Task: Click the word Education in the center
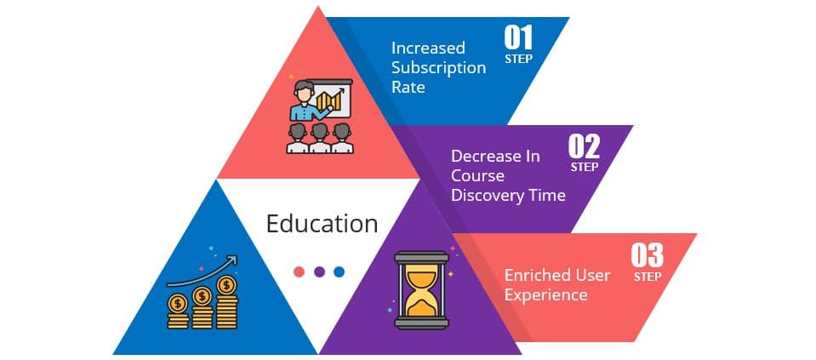click(x=322, y=224)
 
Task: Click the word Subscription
click(x=438, y=67)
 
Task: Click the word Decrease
click(x=486, y=157)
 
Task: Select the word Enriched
click(x=534, y=275)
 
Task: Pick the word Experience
click(x=545, y=294)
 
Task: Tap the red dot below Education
click(x=299, y=271)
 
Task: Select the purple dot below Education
click(x=319, y=271)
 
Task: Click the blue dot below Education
click(x=340, y=271)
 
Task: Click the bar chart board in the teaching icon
click(x=334, y=100)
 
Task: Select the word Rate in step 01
click(x=408, y=87)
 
